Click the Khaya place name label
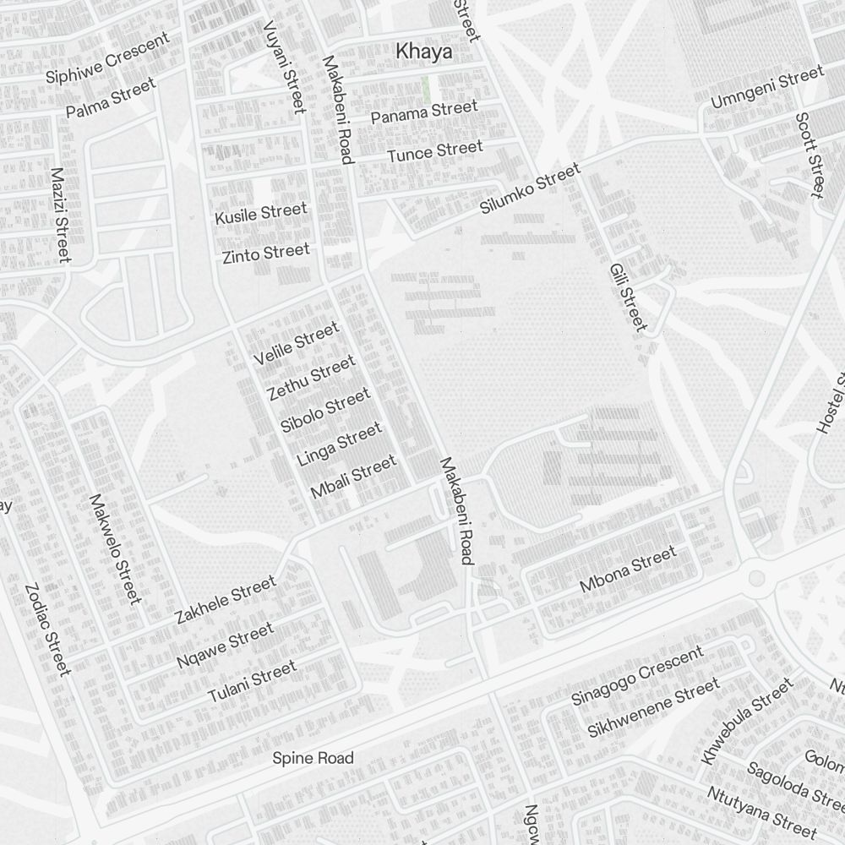click(x=423, y=52)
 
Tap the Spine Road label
click(x=313, y=758)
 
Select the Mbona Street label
click(x=628, y=570)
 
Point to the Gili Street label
click(x=628, y=297)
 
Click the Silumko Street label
click(x=531, y=189)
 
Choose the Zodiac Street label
click(x=46, y=630)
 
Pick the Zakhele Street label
click(x=226, y=599)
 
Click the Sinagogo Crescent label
click(x=637, y=675)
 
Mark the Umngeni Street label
click(x=766, y=88)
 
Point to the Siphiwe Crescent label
click(x=107, y=58)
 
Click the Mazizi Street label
click(x=59, y=215)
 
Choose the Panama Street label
click(x=424, y=112)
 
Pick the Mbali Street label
click(x=353, y=477)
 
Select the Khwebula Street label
click(x=747, y=719)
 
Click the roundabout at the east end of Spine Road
click(x=756, y=579)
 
